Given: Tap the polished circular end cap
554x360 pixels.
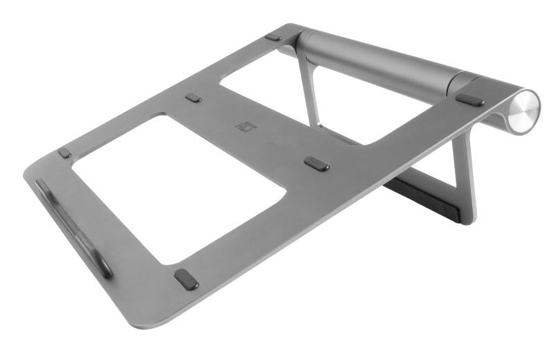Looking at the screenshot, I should coord(524,111).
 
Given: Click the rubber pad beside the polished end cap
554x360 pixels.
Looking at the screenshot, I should coord(470,99).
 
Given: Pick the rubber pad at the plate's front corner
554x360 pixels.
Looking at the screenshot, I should coord(186,279).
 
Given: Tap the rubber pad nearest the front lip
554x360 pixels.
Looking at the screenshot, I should coord(64,152).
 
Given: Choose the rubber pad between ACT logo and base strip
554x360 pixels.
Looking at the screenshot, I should coord(316,164).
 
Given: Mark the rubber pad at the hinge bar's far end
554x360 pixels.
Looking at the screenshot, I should coord(274,37).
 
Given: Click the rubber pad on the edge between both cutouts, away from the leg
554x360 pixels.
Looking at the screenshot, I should coord(193,98).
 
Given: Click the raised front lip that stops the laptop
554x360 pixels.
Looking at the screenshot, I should coord(73,225).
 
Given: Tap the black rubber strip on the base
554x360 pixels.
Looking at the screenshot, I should coord(422,197).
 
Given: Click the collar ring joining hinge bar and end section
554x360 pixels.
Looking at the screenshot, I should coord(454,82).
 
